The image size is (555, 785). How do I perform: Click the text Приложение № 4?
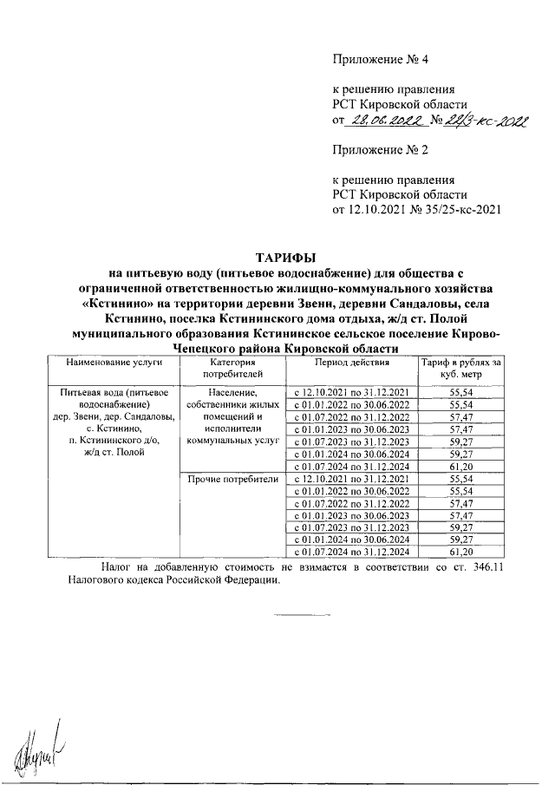point(382,60)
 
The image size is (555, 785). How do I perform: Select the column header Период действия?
point(352,361)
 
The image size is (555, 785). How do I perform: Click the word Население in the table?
point(230,393)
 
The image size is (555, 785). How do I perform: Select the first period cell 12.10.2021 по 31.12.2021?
point(352,393)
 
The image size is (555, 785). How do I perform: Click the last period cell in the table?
point(352,551)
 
